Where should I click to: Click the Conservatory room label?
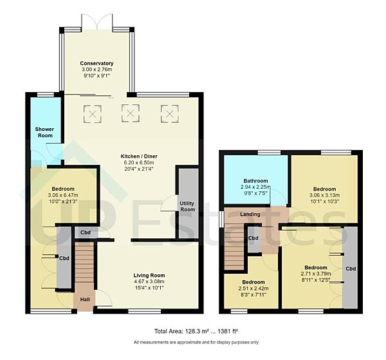point(96,63)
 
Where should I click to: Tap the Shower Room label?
point(44,132)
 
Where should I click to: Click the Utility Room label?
point(187,205)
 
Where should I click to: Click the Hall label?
point(85,299)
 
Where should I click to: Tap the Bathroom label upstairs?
point(255,181)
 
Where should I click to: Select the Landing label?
point(250,214)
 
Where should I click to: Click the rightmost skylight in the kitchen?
point(169,114)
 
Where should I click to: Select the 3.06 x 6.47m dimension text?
point(63,194)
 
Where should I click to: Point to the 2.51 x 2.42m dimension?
point(253,289)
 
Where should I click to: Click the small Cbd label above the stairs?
point(85,232)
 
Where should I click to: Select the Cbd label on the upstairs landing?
point(253,238)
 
